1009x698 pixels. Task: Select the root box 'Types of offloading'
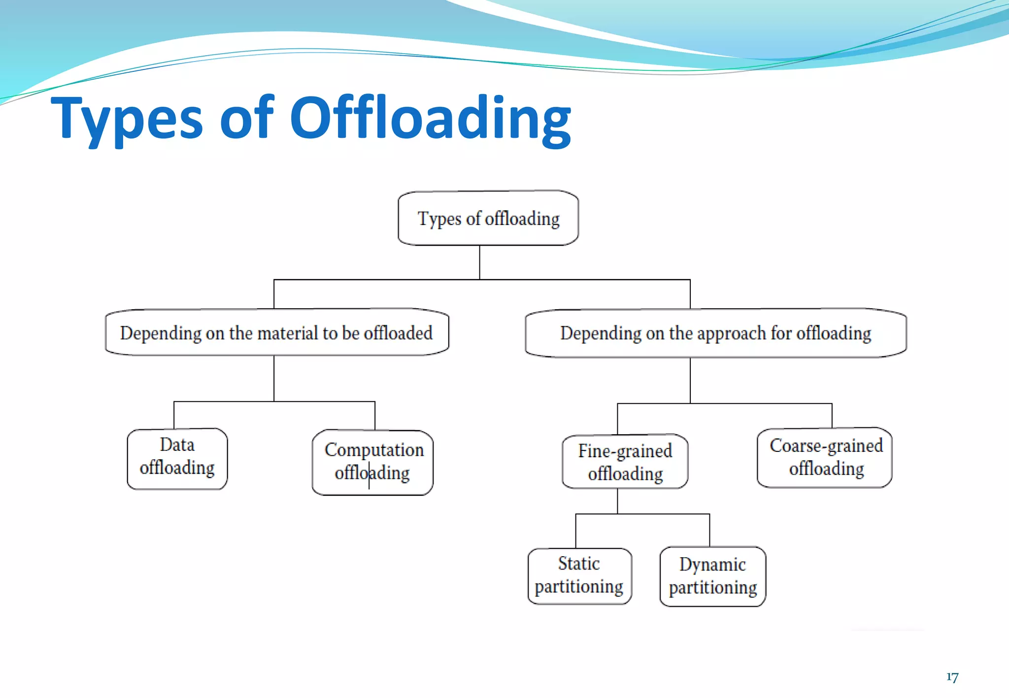click(x=488, y=218)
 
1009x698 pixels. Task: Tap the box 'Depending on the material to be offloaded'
click(x=277, y=333)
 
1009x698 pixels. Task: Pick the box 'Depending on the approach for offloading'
click(x=715, y=333)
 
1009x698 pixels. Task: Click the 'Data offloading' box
click(x=177, y=458)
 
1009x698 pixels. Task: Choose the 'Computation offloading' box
click(x=373, y=462)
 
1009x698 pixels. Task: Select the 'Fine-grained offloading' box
click(x=625, y=462)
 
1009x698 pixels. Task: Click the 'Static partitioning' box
click(x=579, y=575)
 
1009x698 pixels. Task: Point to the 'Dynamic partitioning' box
click(x=712, y=576)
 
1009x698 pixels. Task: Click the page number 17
click(x=952, y=677)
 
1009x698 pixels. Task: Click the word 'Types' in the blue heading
click(x=127, y=119)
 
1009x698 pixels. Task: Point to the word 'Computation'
click(x=374, y=450)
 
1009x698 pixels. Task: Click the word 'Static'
click(x=579, y=564)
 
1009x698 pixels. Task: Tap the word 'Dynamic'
click(x=712, y=565)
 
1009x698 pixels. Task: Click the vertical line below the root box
click(x=479, y=262)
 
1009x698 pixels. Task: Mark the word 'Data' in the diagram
click(x=177, y=445)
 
